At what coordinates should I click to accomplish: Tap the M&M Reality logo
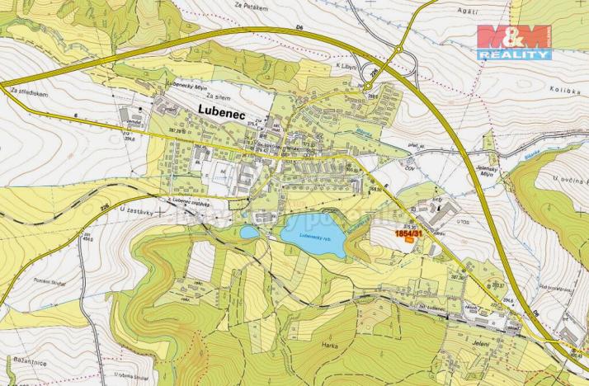tap(513, 41)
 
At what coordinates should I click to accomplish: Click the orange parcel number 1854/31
tap(408, 234)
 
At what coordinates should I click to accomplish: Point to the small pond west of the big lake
tap(249, 233)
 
